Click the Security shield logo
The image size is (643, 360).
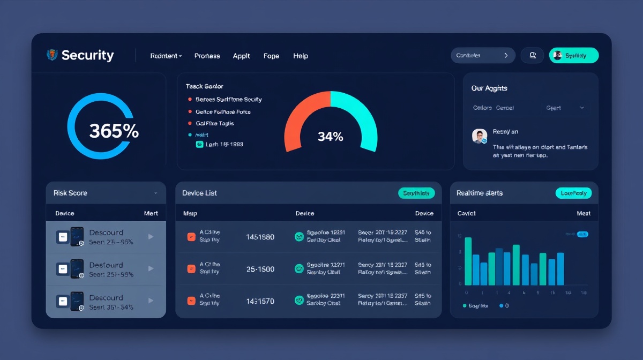tap(52, 55)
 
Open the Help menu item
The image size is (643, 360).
tap(301, 56)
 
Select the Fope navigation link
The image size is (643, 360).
tap(271, 56)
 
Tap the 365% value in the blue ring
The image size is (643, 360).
tap(114, 131)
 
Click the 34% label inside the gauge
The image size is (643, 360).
tap(330, 137)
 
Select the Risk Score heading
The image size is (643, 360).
tap(70, 193)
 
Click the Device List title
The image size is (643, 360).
tap(199, 193)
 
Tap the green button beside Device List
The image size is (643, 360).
tap(416, 193)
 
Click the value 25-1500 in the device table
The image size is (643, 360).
tap(260, 269)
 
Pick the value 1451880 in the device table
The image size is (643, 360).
tap(260, 236)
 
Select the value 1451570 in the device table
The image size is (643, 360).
tap(260, 302)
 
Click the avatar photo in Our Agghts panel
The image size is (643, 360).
tap(479, 136)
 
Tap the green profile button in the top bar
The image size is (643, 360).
tap(573, 55)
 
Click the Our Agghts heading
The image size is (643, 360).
tap(489, 88)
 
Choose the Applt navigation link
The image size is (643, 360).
tap(241, 56)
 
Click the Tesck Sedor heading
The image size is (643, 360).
tap(204, 86)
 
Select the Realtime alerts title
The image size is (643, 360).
tap(480, 193)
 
